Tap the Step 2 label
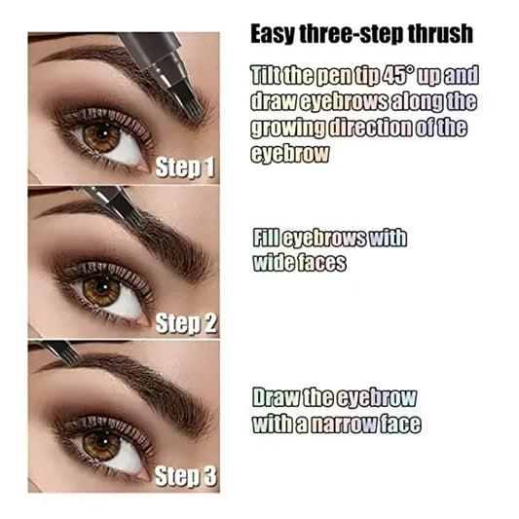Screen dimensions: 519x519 point(185,323)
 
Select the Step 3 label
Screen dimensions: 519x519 point(185,477)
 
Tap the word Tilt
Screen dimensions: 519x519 point(267,76)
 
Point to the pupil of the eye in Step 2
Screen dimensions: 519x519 point(99,289)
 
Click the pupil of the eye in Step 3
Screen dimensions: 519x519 point(100,443)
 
